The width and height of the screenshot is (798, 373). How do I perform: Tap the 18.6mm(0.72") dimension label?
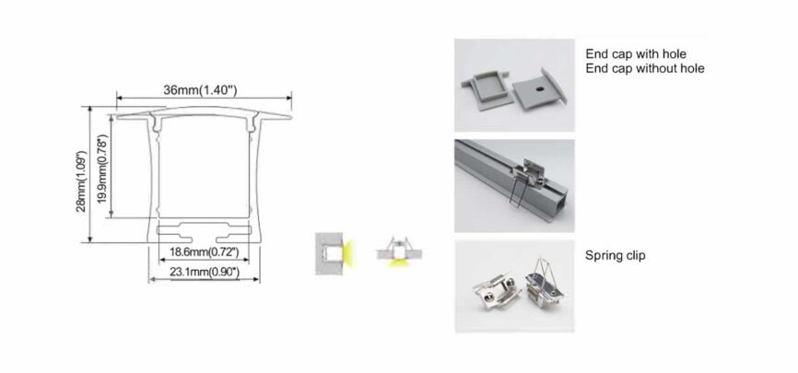click(204, 251)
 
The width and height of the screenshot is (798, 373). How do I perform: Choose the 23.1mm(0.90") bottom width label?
click(204, 272)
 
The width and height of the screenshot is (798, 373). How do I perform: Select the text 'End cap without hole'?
click(645, 68)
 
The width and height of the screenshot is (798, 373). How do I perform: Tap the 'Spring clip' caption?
click(616, 254)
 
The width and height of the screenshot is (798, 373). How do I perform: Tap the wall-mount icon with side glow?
click(331, 251)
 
